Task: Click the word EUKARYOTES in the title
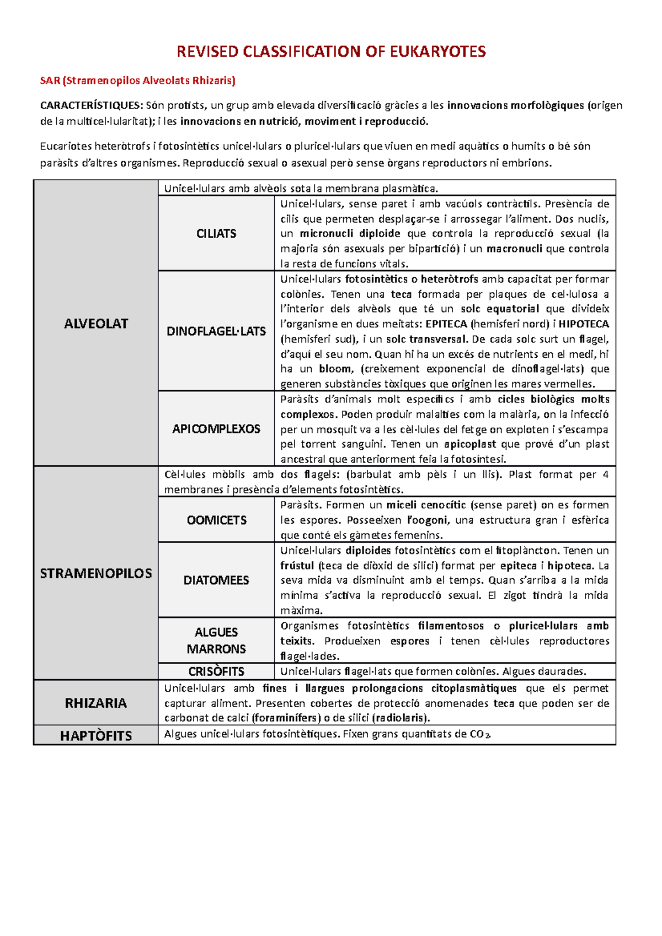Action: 437,52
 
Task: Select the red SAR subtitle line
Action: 138,80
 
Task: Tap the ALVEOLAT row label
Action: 96,324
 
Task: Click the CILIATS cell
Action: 216,234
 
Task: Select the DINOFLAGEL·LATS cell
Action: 216,331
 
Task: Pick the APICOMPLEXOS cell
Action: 216,429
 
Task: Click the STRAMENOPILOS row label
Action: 96,573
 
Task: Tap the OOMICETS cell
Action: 216,520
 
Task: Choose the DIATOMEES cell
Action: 216,580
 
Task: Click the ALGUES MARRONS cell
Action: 216,641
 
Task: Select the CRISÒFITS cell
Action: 216,671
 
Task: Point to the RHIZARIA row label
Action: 96,703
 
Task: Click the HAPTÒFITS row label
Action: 96,736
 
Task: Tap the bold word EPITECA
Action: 446,324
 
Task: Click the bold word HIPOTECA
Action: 584,324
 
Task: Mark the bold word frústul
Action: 297,566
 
